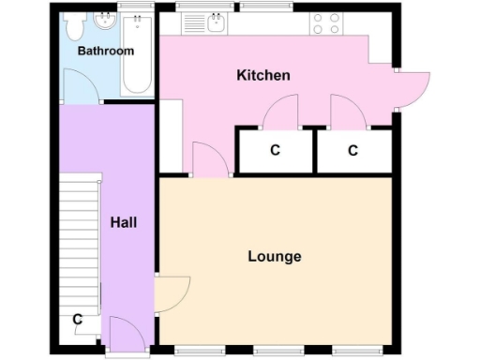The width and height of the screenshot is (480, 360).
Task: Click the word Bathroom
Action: click(x=105, y=51)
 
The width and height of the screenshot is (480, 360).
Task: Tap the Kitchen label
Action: click(x=263, y=75)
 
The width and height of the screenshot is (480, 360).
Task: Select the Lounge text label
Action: click(x=274, y=256)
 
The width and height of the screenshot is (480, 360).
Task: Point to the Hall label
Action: click(x=124, y=222)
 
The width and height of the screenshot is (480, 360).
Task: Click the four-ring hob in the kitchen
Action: click(x=326, y=22)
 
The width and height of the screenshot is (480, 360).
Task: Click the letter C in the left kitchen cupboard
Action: click(x=275, y=150)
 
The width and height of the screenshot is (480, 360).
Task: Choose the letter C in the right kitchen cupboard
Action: click(x=352, y=150)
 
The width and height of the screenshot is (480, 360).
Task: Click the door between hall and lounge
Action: click(x=172, y=293)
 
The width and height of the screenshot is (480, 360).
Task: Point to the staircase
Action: click(x=80, y=234)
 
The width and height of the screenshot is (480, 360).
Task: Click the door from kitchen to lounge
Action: click(x=209, y=159)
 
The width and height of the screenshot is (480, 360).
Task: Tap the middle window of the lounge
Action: click(x=274, y=352)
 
